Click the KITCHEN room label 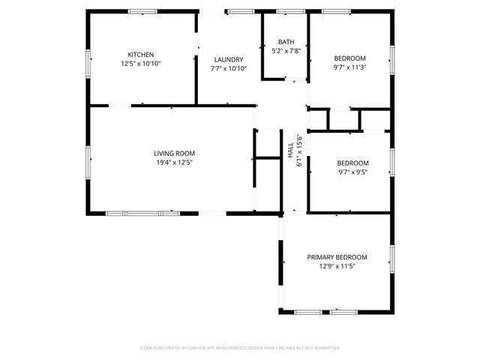(141, 55)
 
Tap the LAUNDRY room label (228, 59)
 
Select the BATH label (286, 42)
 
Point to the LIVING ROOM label (175, 153)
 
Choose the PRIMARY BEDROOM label (337, 257)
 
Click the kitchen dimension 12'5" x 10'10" (141, 64)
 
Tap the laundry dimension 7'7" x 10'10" (228, 68)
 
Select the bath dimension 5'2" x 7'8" (286, 51)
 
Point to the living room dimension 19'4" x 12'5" (175, 162)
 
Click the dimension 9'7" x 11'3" (349, 67)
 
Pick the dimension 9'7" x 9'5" (352, 172)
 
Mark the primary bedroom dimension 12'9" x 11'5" (337, 266)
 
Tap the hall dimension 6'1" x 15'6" (299, 150)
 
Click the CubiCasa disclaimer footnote (240, 348)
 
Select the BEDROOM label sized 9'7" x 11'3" (349, 58)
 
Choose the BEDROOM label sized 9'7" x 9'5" (352, 163)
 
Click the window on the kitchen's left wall (88, 62)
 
